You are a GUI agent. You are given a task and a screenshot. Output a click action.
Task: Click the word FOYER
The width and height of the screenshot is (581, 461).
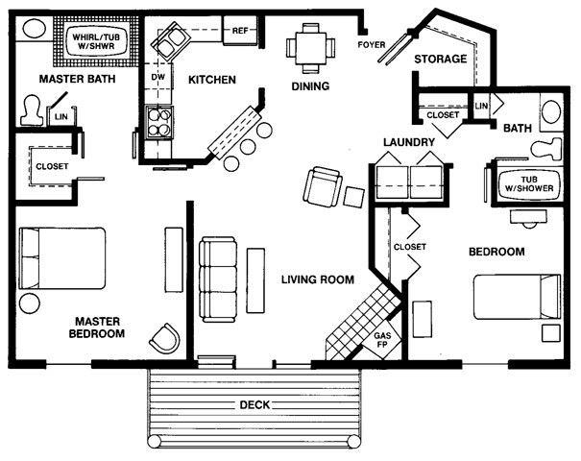click(x=371, y=45)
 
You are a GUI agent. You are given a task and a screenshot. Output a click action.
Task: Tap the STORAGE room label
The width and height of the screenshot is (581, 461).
click(x=441, y=60)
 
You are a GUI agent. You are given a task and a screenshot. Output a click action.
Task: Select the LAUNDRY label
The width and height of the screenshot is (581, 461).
click(x=409, y=143)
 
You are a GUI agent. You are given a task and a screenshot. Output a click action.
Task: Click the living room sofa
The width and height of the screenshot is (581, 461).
click(x=218, y=279)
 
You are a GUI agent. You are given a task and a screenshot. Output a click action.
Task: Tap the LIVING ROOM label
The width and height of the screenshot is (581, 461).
click(x=318, y=279)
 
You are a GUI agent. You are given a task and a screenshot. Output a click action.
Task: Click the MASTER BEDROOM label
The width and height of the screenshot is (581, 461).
click(x=96, y=328)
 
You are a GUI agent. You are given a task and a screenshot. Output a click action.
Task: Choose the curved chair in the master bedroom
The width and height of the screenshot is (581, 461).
click(x=165, y=338)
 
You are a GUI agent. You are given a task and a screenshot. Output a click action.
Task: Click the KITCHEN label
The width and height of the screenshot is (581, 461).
click(x=211, y=80)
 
